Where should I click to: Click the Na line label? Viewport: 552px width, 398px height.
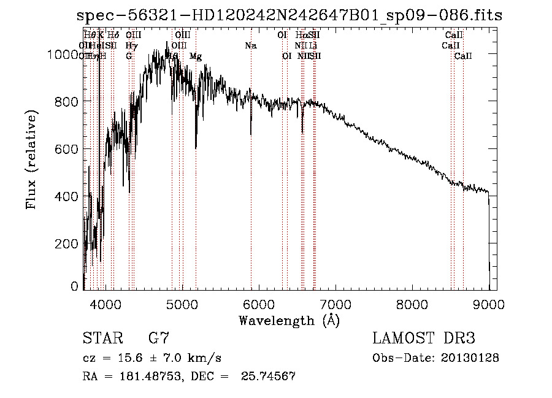[x=250, y=45]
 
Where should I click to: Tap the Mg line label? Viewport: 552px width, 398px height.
[x=196, y=56]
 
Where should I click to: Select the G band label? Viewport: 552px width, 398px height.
[x=129, y=56]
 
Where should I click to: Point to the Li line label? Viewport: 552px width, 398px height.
[x=313, y=45]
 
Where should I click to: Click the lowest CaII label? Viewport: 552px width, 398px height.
[x=463, y=56]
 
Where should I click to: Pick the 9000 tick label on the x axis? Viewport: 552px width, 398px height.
[x=489, y=305]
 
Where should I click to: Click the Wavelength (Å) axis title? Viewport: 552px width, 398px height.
[x=289, y=320]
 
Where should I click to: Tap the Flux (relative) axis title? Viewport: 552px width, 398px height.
[x=31, y=160]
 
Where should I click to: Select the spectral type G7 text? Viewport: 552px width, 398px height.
[x=158, y=338]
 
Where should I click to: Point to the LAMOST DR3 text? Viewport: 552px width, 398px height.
[x=423, y=338]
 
